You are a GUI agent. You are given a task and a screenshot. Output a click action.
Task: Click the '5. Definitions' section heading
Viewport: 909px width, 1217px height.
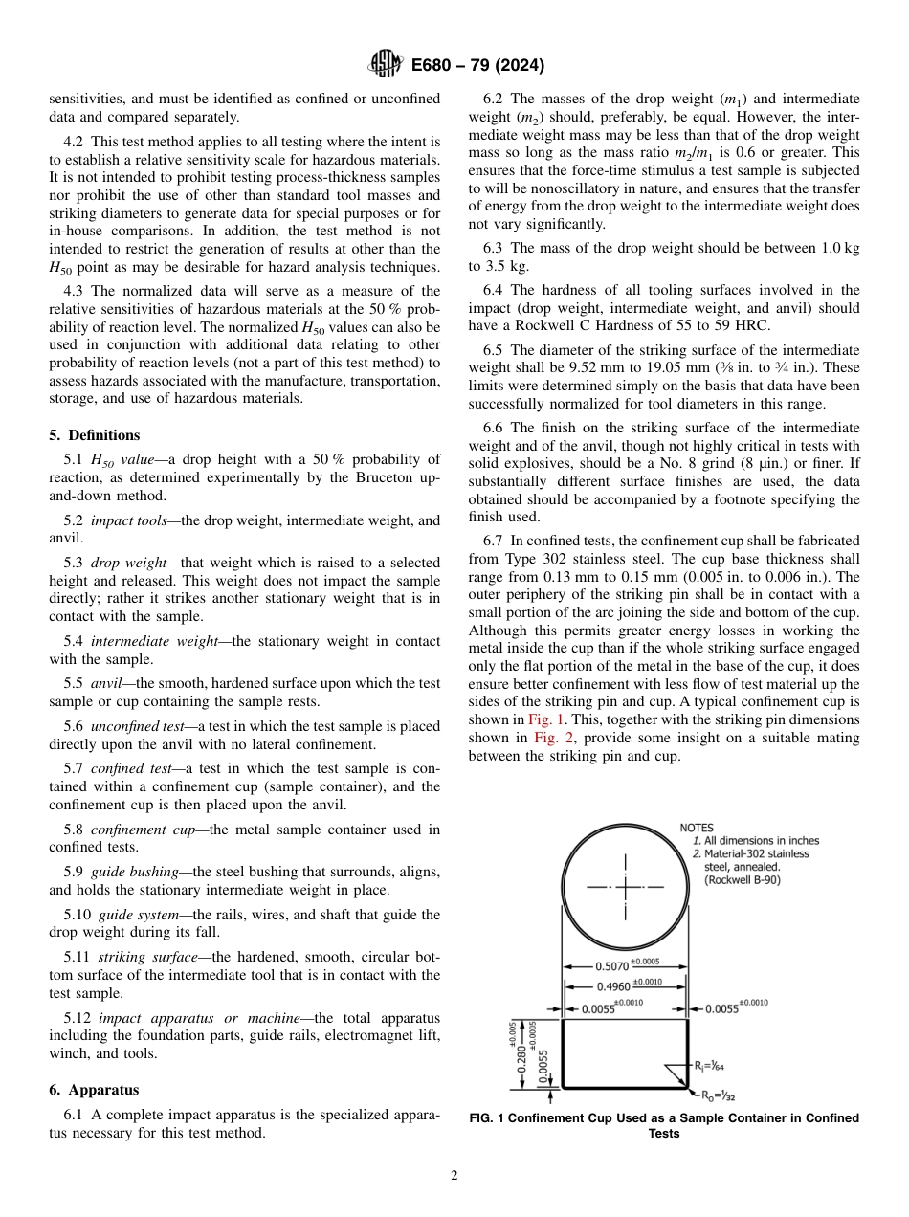pos(94,434)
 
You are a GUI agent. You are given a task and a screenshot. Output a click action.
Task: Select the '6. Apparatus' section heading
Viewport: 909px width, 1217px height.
pos(94,1090)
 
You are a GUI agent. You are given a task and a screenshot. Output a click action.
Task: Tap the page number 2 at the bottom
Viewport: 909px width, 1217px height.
pos(454,1176)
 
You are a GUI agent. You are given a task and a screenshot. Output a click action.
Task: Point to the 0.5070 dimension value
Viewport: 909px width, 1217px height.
pos(613,967)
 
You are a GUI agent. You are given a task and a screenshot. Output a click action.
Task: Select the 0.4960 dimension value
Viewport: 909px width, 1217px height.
pos(613,986)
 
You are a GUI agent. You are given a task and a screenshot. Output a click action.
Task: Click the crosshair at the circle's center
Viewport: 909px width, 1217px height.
pos(625,888)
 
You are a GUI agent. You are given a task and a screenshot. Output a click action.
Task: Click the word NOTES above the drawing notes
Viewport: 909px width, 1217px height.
pos(697,828)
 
